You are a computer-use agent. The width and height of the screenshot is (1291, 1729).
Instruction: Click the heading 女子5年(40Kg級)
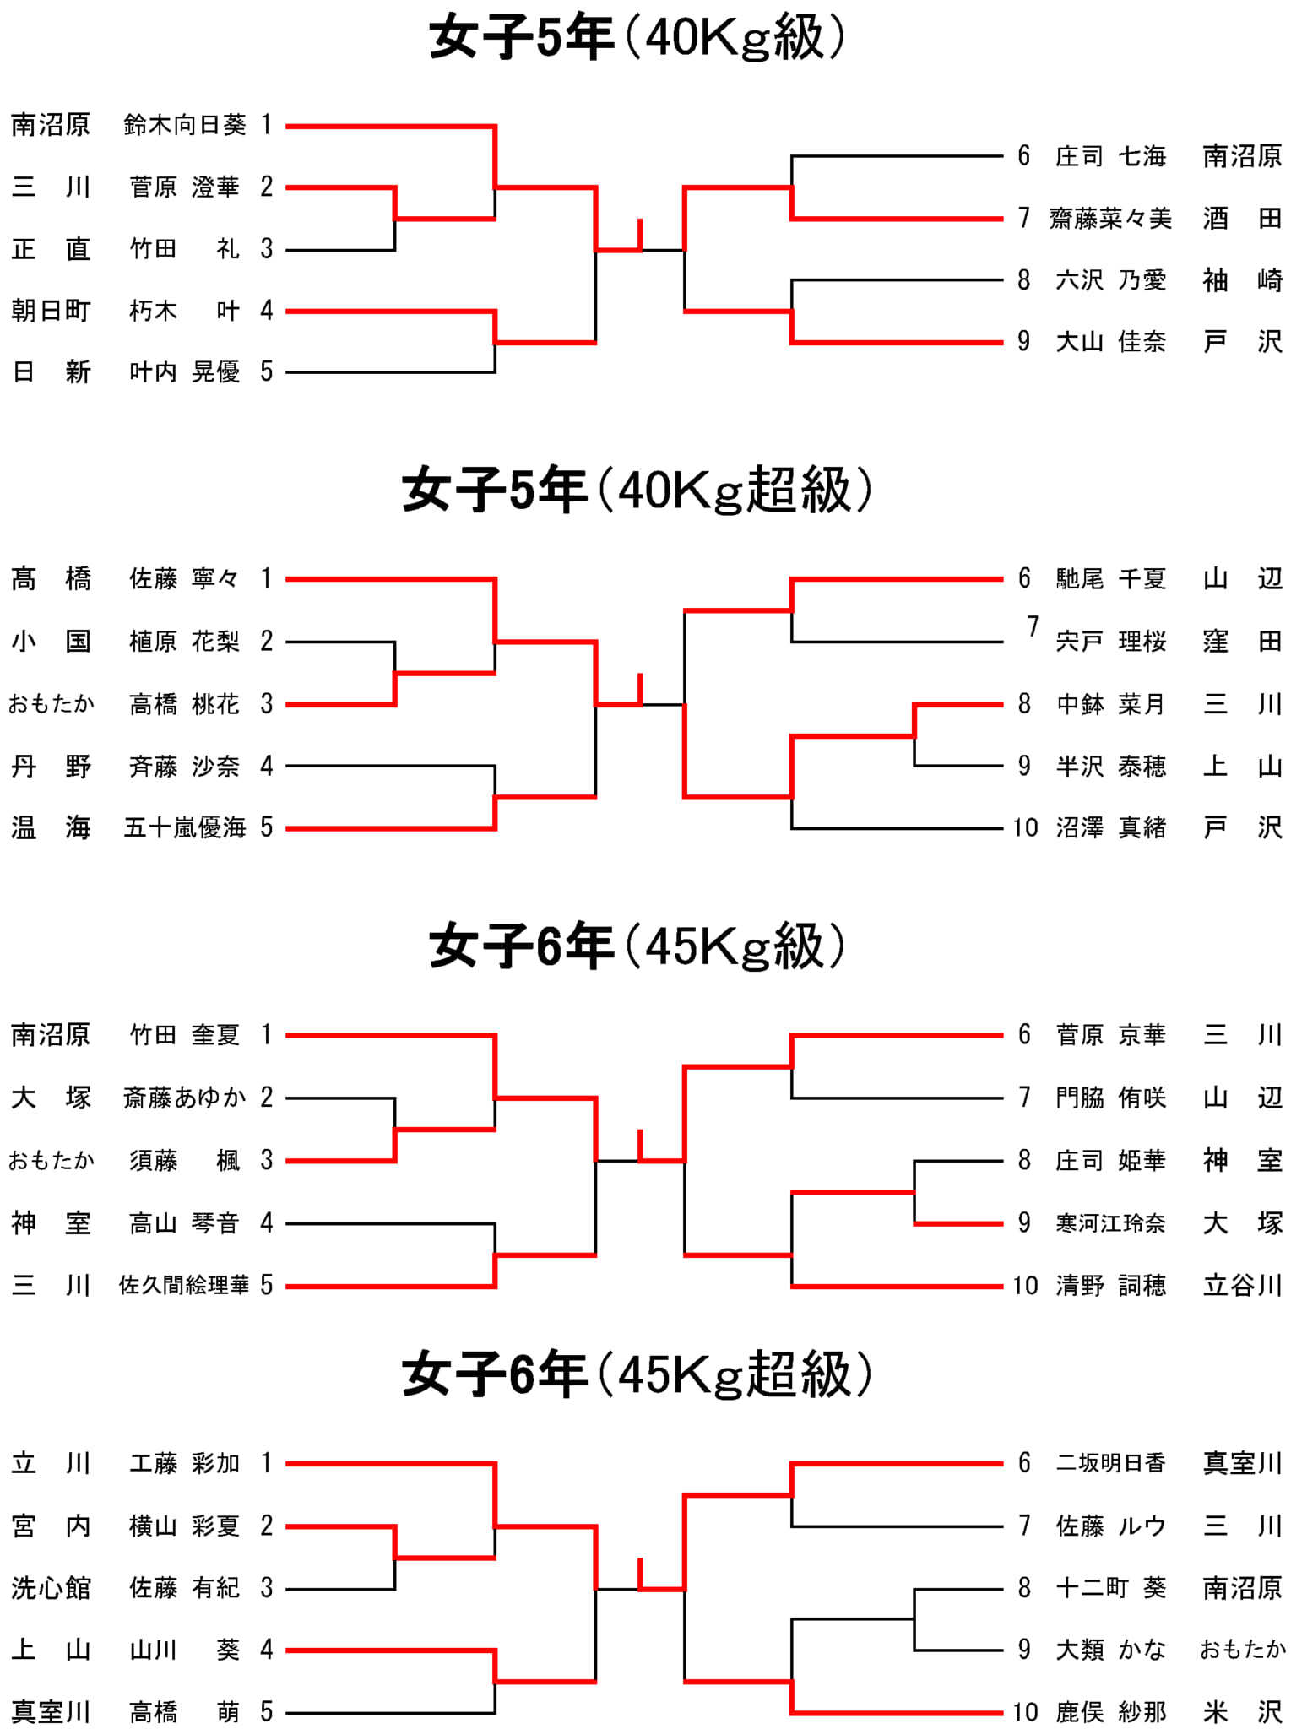pyautogui.click(x=637, y=38)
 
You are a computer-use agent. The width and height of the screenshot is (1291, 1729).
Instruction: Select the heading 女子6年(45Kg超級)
pyautogui.click(x=637, y=1374)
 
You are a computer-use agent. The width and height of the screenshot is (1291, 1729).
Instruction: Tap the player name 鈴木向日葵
pyautogui.click(x=185, y=125)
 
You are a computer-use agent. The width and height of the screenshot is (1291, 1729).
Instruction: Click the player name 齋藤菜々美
pyautogui.click(x=1110, y=219)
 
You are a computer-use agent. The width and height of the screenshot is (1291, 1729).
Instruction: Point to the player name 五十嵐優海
pyautogui.click(x=185, y=827)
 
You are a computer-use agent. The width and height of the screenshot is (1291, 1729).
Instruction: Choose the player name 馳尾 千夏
pyautogui.click(x=1110, y=579)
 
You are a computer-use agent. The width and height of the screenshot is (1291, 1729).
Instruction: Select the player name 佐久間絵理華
pyautogui.click(x=184, y=1285)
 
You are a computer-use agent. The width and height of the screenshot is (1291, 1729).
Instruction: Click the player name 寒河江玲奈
pyautogui.click(x=1110, y=1222)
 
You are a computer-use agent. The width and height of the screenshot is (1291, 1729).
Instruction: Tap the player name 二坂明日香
pyautogui.click(x=1110, y=1463)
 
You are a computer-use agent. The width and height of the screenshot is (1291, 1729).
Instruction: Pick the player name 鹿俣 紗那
pyautogui.click(x=1110, y=1712)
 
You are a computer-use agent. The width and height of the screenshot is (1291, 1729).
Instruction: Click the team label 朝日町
pyautogui.click(x=51, y=311)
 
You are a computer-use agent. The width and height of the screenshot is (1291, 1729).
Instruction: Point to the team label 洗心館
pyautogui.click(x=51, y=1588)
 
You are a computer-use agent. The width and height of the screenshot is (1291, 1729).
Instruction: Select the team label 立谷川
pyautogui.click(x=1243, y=1285)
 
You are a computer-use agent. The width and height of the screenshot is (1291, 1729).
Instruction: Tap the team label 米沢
pyautogui.click(x=1243, y=1712)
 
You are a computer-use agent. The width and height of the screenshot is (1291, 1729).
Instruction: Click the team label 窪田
pyautogui.click(x=1243, y=642)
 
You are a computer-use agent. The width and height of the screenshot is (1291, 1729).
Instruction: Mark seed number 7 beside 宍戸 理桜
pyautogui.click(x=1033, y=626)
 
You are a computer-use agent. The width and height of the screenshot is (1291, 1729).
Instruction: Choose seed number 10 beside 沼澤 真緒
pyautogui.click(x=1026, y=827)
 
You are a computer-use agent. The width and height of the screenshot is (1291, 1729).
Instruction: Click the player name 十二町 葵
pyautogui.click(x=1110, y=1588)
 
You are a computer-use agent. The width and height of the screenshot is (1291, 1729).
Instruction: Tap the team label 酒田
pyautogui.click(x=1243, y=219)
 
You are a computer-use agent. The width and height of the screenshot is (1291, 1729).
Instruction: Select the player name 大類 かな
pyautogui.click(x=1110, y=1650)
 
